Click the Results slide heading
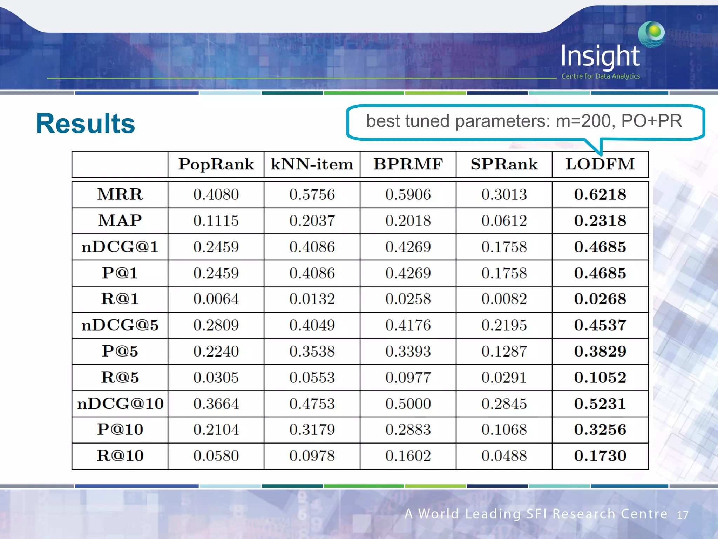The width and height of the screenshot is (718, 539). [85, 124]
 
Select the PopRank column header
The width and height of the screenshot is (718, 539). [216, 164]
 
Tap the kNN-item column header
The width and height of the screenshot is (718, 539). [312, 164]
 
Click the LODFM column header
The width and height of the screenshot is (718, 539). [600, 164]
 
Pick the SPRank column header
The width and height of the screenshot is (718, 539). [504, 164]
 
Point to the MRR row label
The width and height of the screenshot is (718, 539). [120, 194]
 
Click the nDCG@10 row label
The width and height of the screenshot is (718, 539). [120, 404]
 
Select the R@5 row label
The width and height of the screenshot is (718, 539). [120, 378]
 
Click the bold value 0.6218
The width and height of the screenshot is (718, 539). [600, 194]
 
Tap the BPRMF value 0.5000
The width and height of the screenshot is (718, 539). [408, 404]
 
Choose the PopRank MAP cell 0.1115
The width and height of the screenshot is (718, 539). [216, 221]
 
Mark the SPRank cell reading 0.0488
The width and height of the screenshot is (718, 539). [504, 456]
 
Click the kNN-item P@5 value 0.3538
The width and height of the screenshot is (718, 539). [312, 351]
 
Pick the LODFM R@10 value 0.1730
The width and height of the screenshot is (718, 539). [600, 456]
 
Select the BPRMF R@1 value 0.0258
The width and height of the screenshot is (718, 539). [408, 299]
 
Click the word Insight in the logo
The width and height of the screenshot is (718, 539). [600, 56]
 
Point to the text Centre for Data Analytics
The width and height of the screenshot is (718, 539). [600, 76]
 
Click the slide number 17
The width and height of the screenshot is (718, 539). [682, 515]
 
